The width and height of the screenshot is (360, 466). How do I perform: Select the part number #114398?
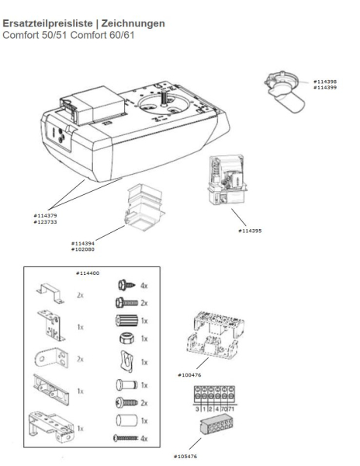tap(325, 82)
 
